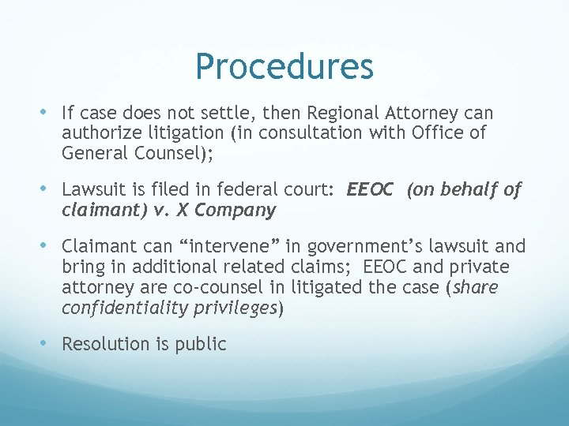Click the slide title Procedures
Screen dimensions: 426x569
[x=284, y=67]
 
